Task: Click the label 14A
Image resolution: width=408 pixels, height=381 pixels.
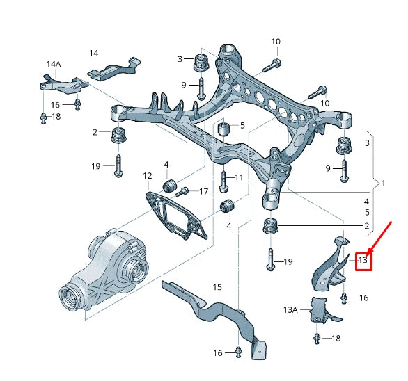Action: (x=54, y=65)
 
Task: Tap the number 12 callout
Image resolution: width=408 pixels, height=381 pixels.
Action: (x=147, y=175)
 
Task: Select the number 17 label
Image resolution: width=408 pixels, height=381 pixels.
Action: (x=203, y=191)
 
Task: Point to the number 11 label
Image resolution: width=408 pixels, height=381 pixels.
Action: (x=239, y=177)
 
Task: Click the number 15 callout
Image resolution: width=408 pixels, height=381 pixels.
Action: (x=217, y=287)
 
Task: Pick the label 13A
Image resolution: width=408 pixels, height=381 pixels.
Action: (x=290, y=309)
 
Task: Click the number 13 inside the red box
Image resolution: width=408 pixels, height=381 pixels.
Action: (x=362, y=260)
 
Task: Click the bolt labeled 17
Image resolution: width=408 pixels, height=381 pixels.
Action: (x=184, y=192)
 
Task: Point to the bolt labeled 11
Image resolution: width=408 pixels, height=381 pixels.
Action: (x=223, y=181)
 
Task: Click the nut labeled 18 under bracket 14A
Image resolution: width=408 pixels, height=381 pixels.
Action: (x=43, y=117)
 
